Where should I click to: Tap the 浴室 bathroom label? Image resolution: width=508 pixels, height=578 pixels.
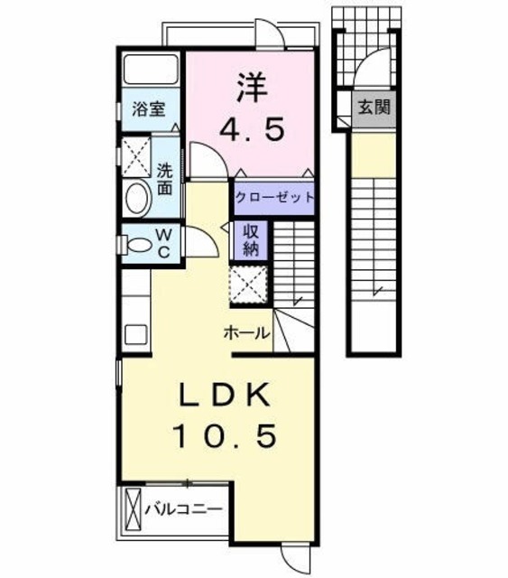[148, 110]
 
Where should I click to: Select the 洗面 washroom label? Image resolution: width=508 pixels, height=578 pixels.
[164, 179]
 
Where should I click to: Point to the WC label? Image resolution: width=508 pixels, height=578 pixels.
[165, 244]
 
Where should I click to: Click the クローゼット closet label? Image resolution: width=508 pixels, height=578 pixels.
[273, 197]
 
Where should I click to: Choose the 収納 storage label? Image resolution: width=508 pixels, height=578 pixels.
[250, 239]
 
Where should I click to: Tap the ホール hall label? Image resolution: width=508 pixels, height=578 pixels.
[246, 332]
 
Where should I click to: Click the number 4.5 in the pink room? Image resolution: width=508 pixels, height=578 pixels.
[253, 128]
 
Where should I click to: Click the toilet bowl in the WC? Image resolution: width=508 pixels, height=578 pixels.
[138, 243]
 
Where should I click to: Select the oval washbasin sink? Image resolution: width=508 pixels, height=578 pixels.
[137, 198]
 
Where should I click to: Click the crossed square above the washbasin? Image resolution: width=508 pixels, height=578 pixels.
[137, 155]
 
